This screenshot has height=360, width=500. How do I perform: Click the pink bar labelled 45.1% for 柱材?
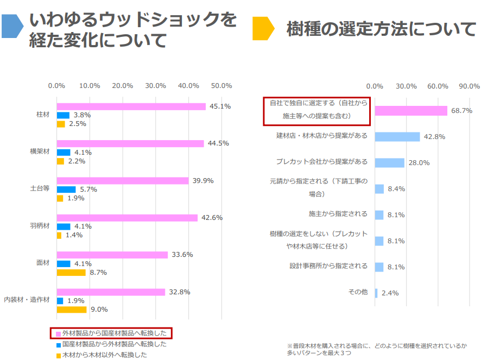tap(131, 106)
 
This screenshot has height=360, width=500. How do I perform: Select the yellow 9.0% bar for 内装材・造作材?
tap(72, 310)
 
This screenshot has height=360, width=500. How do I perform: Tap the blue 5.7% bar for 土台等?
tap(66, 190)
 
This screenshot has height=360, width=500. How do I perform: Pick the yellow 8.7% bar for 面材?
tap(71, 272)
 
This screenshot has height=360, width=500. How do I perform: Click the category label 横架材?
tap(40, 151)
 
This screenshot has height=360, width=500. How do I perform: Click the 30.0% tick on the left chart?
tap(156, 86)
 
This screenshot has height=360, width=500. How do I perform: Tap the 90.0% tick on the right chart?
tap(469, 86)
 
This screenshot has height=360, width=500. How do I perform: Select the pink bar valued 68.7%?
tap(410, 111)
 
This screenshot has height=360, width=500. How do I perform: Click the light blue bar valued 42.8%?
tap(397, 137)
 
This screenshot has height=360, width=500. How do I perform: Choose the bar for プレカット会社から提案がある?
tap(389, 163)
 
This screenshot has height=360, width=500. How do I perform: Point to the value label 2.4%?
tap(390, 293)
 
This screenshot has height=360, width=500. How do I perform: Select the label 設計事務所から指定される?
tap(328, 266)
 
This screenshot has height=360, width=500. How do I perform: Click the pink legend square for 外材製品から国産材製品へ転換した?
tap(58, 333)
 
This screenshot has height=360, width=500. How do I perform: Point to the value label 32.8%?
tap(179, 292)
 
